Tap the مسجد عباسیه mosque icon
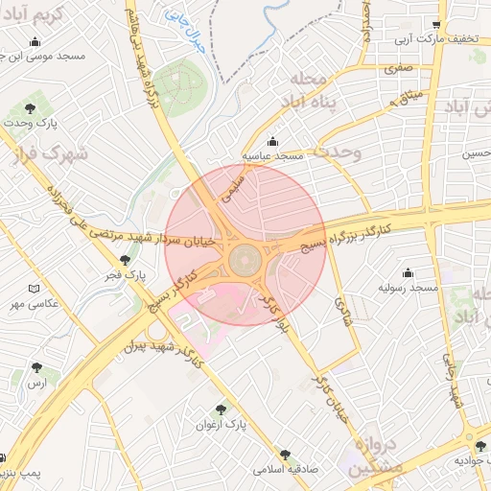(273, 141)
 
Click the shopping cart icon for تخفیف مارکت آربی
(437, 26)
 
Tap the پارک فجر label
(127, 275)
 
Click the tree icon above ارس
(36, 367)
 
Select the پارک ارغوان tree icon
(222, 409)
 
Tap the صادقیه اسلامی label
(285, 470)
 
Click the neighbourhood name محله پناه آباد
(313, 88)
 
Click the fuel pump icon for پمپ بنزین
(5, 457)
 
